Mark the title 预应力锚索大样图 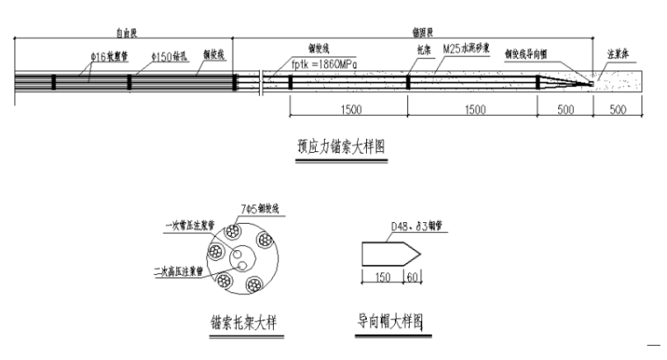point(342,148)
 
